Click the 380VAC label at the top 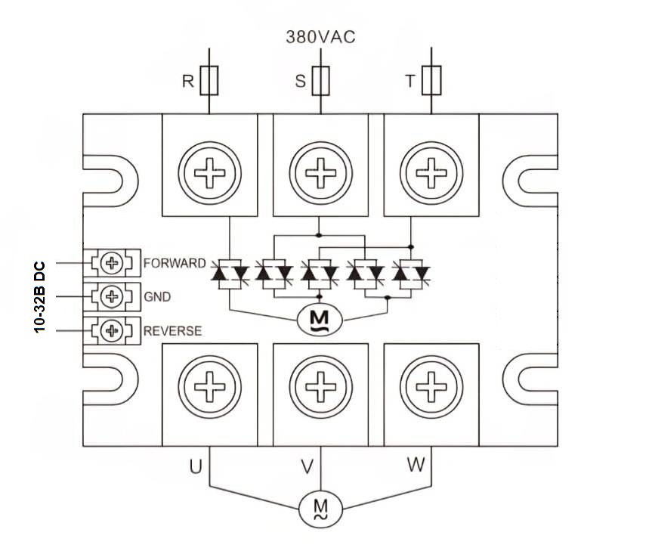[320, 36]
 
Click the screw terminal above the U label [209, 389]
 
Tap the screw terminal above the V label [319, 389]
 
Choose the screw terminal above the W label [431, 389]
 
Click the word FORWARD [174, 264]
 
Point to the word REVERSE [172, 331]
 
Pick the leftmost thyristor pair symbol [228, 272]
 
